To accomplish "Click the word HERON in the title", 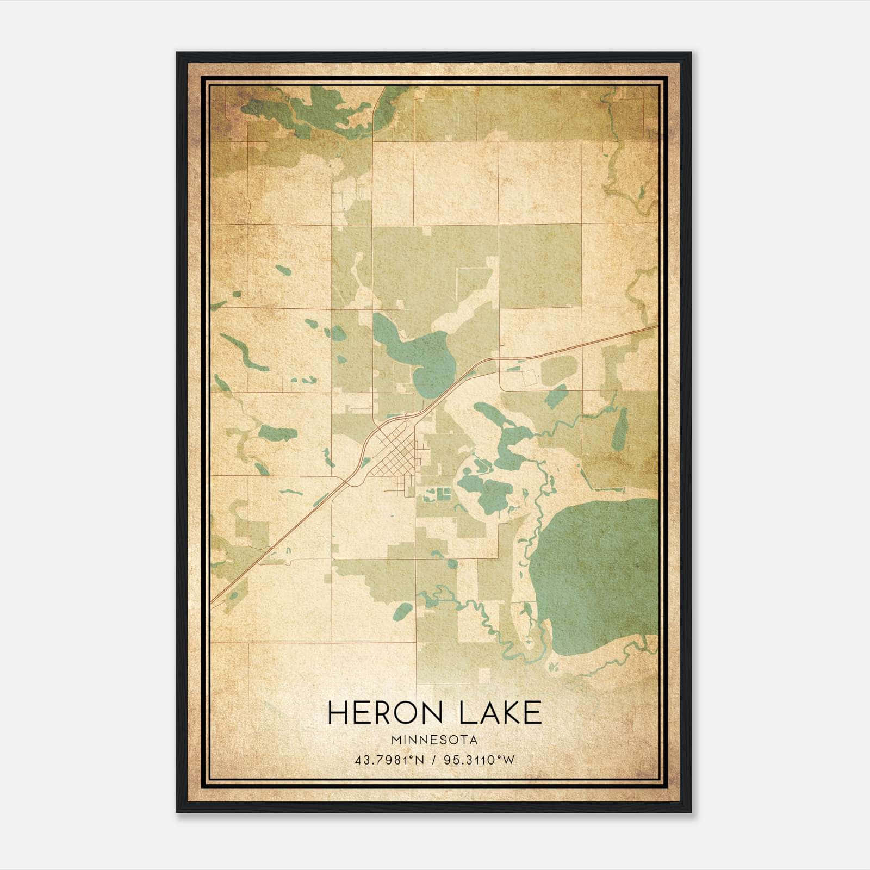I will [x=383, y=713].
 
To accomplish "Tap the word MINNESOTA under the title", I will [x=434, y=741].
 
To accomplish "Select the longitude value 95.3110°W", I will [x=479, y=760].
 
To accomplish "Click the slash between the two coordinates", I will [x=433, y=760].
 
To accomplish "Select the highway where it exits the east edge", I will [x=650, y=327].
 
